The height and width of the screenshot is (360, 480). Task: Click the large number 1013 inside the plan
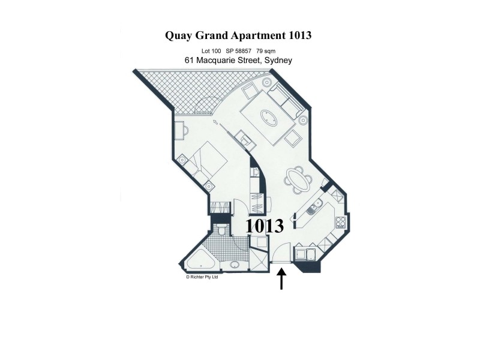click(x=265, y=226)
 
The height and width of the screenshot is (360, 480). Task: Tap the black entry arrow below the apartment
click(x=281, y=280)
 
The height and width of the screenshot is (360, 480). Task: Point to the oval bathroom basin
click(x=233, y=265)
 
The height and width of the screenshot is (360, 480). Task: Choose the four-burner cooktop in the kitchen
click(x=340, y=222)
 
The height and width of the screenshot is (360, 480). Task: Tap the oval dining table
click(x=298, y=179)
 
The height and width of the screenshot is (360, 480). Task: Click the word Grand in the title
click(x=225, y=35)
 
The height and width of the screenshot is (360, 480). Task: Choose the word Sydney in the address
click(x=277, y=61)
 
